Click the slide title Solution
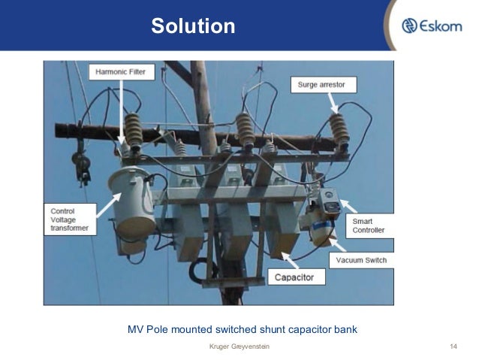pyautogui.click(x=193, y=27)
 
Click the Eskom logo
pyautogui.click(x=436, y=26)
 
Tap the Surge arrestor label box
pyautogui.click(x=321, y=85)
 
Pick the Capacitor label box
pyautogui.click(x=299, y=278)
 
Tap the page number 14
pyautogui.click(x=453, y=346)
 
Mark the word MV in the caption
pyautogui.click(x=136, y=328)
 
